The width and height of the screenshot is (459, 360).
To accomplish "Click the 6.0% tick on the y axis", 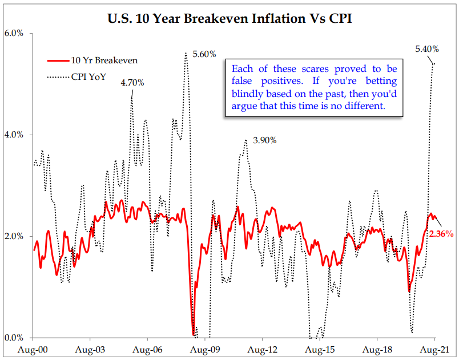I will (14, 33).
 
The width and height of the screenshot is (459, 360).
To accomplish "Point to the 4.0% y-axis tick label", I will (14, 135).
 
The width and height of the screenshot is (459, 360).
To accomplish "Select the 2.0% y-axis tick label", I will (14, 236).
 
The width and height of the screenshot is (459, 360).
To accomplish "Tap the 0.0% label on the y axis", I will (14, 338).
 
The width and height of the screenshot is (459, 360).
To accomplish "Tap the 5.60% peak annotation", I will (204, 54).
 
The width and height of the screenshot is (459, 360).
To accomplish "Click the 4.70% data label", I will (132, 83).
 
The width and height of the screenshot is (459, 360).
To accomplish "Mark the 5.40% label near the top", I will (426, 50).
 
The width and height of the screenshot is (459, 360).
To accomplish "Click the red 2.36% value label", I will (441, 234).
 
